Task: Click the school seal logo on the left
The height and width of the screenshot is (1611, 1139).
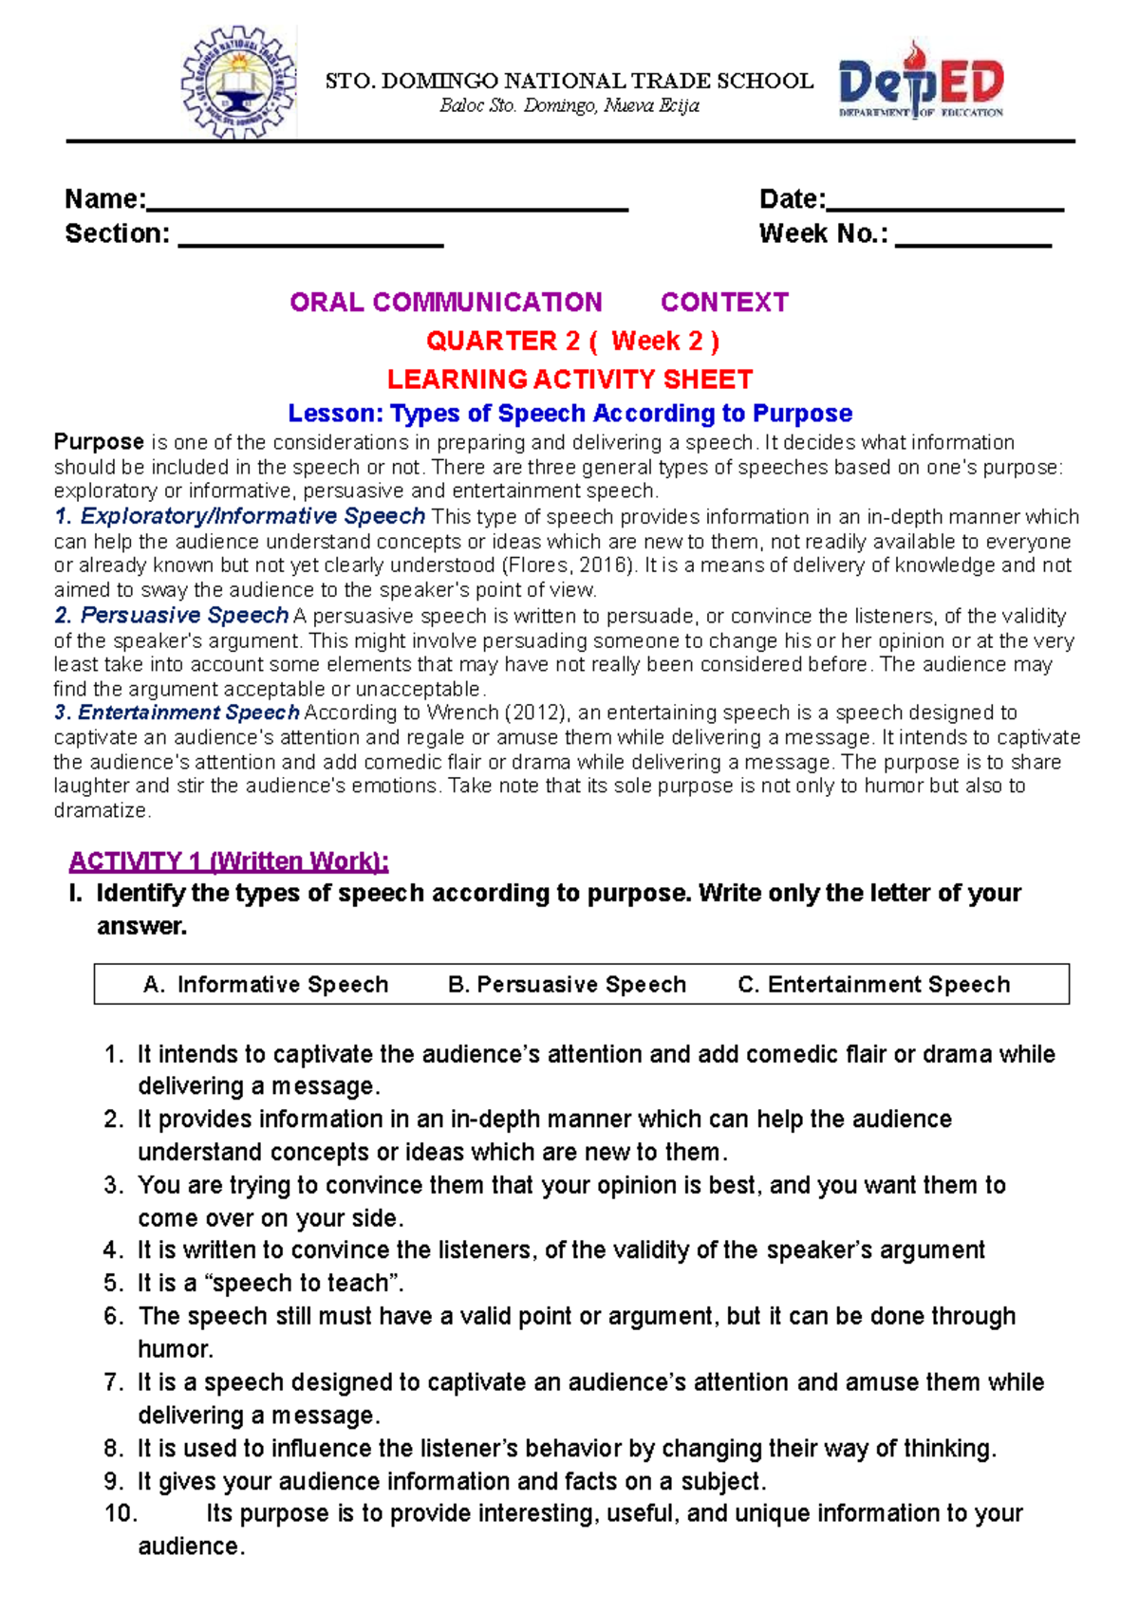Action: (238, 83)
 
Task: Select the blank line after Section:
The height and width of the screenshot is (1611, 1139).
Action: (310, 243)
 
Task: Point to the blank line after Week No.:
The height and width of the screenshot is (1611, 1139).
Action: (973, 243)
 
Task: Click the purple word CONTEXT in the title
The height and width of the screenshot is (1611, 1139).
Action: (724, 303)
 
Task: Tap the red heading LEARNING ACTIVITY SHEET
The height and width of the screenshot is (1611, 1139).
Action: (569, 380)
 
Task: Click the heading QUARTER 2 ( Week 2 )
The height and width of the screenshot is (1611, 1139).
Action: (572, 341)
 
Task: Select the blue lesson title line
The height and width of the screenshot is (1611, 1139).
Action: (569, 414)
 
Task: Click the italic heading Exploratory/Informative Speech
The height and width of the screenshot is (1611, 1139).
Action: (252, 516)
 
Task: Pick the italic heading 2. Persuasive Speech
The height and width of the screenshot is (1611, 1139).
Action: (171, 616)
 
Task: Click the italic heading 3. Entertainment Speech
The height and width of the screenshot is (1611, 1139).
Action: (177, 713)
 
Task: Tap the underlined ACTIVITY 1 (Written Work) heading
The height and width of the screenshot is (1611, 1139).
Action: (229, 861)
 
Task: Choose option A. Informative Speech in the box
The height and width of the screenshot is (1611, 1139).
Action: (266, 985)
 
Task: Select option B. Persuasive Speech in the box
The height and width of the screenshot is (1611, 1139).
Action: (567, 985)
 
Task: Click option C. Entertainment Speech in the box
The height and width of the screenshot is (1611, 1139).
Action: (873, 985)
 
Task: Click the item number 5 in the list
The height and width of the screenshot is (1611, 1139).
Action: (113, 1284)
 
